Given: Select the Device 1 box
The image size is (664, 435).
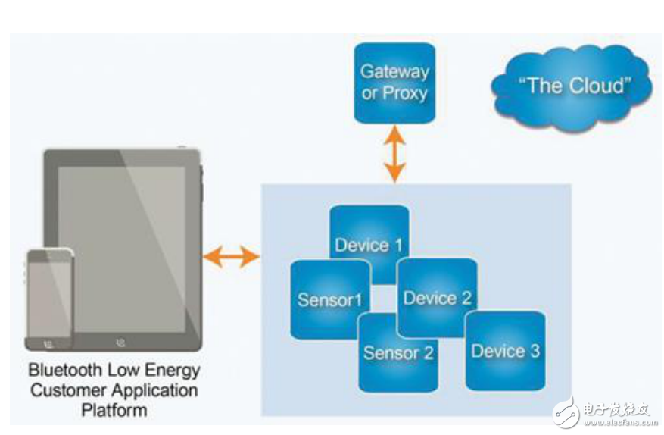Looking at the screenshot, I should click(369, 235).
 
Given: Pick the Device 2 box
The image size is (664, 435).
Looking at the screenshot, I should click(437, 298).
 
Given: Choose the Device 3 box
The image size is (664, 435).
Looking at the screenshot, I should click(505, 350).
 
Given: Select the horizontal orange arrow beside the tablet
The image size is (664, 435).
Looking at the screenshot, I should click(231, 257).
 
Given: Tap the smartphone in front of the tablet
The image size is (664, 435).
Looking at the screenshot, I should click(49, 299).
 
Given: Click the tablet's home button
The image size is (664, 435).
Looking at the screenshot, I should click(120, 342).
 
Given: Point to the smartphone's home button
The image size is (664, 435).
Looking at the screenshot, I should click(49, 344).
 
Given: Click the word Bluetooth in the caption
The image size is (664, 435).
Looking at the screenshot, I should click(63, 371).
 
